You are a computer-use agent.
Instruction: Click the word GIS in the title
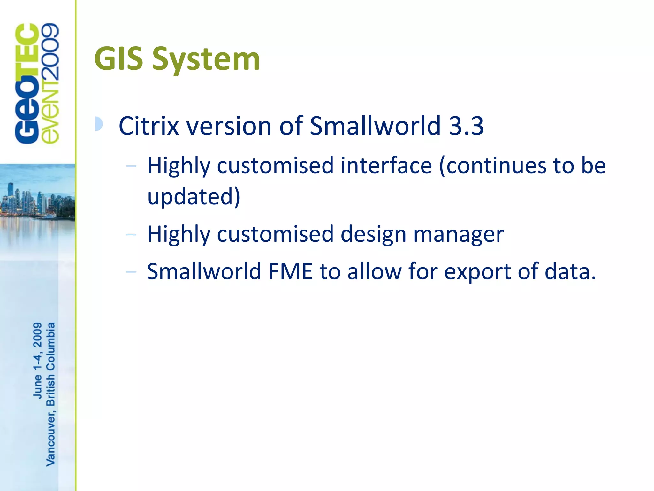point(118,59)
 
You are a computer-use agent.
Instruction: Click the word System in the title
point(206,59)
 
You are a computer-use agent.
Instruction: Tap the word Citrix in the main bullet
point(148,126)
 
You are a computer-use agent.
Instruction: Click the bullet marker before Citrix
point(99,124)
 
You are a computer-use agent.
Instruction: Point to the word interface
point(386,166)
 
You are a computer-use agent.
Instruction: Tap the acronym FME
point(290,271)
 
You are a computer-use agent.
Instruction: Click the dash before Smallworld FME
point(131,272)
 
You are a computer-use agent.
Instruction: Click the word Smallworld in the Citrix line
point(375,126)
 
